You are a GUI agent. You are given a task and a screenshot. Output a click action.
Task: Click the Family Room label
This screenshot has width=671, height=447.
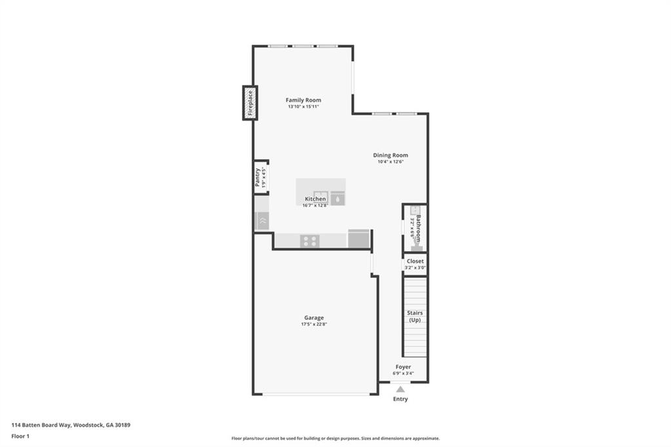303,100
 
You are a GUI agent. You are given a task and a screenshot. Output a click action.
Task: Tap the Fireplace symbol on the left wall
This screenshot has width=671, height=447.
250,103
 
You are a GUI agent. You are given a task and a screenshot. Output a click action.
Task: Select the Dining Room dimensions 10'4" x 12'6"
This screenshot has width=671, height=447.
391,162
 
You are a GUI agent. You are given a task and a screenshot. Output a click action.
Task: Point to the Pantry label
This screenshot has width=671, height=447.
258,177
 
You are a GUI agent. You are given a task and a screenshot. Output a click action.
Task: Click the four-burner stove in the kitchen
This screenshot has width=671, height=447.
309,241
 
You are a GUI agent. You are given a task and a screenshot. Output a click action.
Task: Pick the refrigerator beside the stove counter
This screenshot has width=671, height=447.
358,239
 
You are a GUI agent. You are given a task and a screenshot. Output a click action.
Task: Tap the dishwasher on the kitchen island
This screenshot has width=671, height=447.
337,199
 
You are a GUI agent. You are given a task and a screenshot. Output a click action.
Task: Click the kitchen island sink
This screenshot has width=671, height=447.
320,195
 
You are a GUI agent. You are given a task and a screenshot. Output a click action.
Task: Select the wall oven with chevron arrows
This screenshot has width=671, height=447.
261,221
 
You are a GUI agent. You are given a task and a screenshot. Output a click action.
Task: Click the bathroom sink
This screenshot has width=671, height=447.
414,210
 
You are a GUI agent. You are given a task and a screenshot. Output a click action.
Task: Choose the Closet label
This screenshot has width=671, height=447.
415,261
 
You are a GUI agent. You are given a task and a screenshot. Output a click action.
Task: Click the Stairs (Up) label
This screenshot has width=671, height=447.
415,317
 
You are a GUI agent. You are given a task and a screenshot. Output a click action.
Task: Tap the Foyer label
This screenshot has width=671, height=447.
403,367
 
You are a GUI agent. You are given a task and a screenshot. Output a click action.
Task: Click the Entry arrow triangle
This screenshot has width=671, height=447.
400,389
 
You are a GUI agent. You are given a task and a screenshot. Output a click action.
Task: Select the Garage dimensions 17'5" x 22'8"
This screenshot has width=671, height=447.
314,324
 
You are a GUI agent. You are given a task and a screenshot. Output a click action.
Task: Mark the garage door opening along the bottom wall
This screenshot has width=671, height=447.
315,394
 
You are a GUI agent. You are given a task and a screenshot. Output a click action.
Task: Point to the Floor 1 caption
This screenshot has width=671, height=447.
20,436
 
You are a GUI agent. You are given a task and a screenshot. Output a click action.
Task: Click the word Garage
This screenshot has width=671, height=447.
314,318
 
